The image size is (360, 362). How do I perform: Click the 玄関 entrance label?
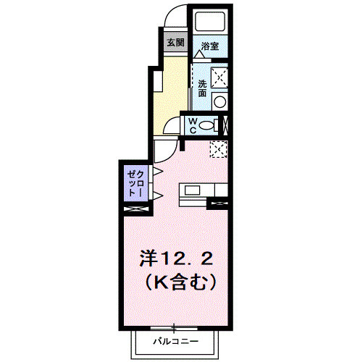(x=175, y=42)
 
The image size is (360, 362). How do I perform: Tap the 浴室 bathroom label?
(x=210, y=46)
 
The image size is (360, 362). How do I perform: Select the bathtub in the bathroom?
(x=210, y=22)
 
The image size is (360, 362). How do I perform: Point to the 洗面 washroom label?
(x=203, y=88)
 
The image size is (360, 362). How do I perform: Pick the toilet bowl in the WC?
(x=208, y=125)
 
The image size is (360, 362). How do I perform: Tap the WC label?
(x=193, y=125)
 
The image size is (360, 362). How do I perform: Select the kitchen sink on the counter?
(x=193, y=190)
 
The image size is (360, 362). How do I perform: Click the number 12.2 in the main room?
(x=185, y=258)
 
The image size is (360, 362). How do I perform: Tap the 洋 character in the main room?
(x=147, y=258)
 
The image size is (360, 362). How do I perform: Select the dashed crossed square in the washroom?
(x=217, y=75)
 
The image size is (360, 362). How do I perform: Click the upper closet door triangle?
(x=156, y=172)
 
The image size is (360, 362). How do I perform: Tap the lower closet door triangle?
(x=156, y=195)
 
